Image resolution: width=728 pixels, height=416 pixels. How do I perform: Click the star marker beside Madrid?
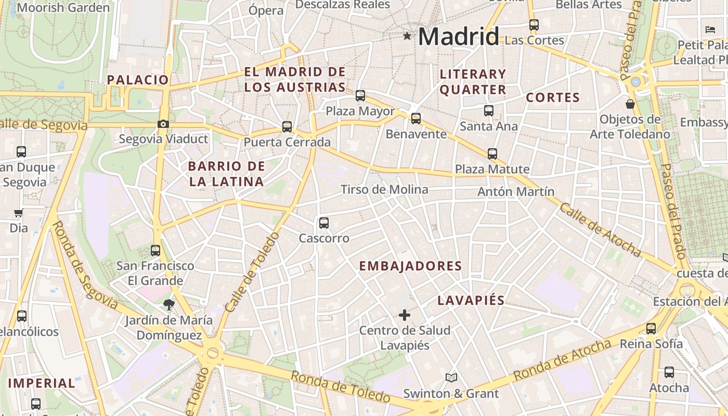[407, 36]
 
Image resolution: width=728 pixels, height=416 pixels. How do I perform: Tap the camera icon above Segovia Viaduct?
[163, 124]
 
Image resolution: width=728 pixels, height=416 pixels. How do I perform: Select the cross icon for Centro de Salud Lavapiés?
[404, 315]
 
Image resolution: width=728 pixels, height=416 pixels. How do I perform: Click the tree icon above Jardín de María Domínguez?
[168, 304]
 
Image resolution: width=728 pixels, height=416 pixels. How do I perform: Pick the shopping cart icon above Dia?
[19, 213]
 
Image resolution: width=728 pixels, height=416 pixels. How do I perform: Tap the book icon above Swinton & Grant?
[451, 378]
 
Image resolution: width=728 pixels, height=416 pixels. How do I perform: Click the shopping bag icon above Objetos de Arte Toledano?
[630, 104]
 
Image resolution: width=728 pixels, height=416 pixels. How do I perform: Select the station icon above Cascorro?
[324, 223]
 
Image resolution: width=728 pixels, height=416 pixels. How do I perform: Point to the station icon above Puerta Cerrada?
[287, 126]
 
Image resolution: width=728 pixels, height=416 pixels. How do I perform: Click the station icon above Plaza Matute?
[492, 154]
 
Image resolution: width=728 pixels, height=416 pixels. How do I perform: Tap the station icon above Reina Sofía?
[651, 328]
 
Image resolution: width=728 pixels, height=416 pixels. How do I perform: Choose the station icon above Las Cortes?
[534, 24]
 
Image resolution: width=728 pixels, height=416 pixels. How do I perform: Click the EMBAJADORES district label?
[410, 266]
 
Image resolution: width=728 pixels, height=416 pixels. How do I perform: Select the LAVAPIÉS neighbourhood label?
[471, 300]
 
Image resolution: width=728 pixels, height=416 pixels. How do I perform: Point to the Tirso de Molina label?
[384, 189]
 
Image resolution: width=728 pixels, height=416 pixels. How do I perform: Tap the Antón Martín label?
[516, 191]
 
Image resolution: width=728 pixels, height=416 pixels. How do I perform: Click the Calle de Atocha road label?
[600, 229]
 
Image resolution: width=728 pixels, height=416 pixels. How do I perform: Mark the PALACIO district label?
[138, 80]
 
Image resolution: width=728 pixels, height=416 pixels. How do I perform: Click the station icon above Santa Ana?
[488, 110]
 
